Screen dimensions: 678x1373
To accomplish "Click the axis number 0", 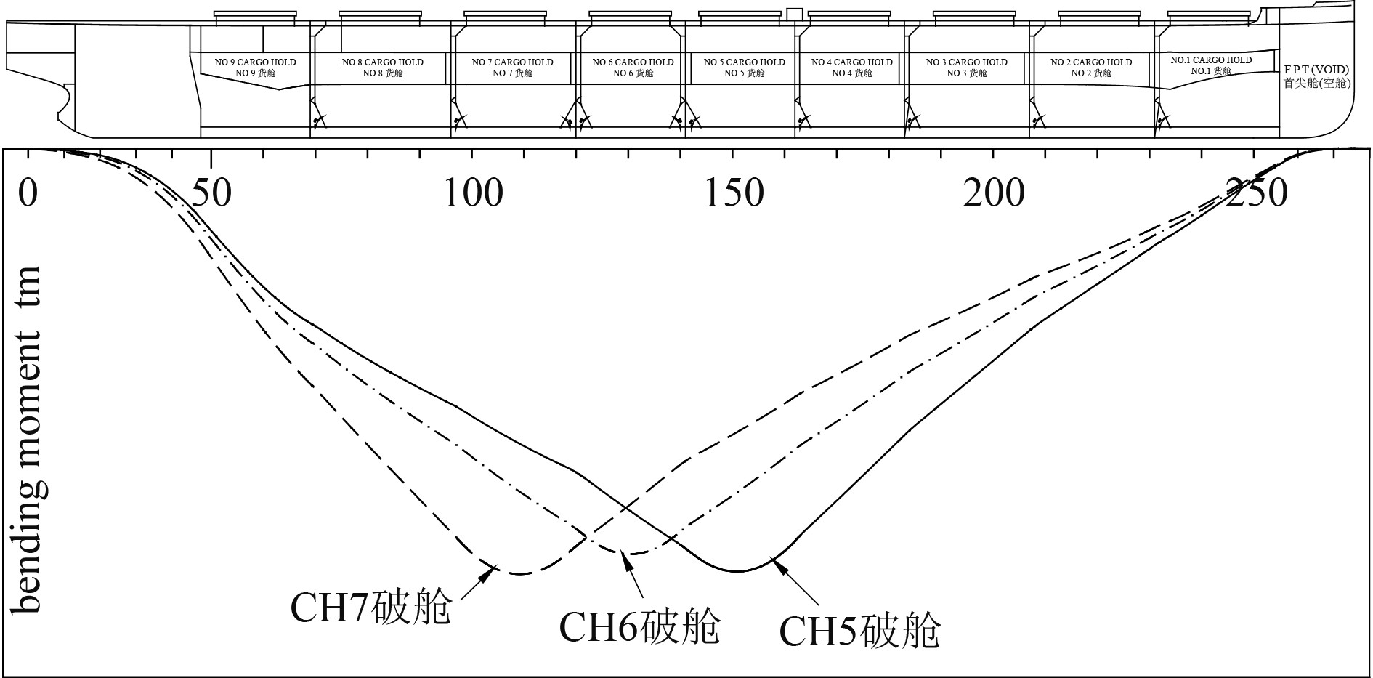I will pos(28,193).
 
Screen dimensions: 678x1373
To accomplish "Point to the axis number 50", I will pos(211,193).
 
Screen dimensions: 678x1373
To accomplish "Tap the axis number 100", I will pos(473,193).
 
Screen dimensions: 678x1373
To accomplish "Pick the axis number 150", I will pos(734,193).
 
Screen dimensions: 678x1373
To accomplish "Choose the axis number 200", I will pos(994,193).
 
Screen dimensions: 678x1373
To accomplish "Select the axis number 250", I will pos(1256,193).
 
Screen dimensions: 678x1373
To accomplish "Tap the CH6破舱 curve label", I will pos(639,626).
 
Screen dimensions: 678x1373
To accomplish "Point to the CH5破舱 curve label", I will pos(860,630).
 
